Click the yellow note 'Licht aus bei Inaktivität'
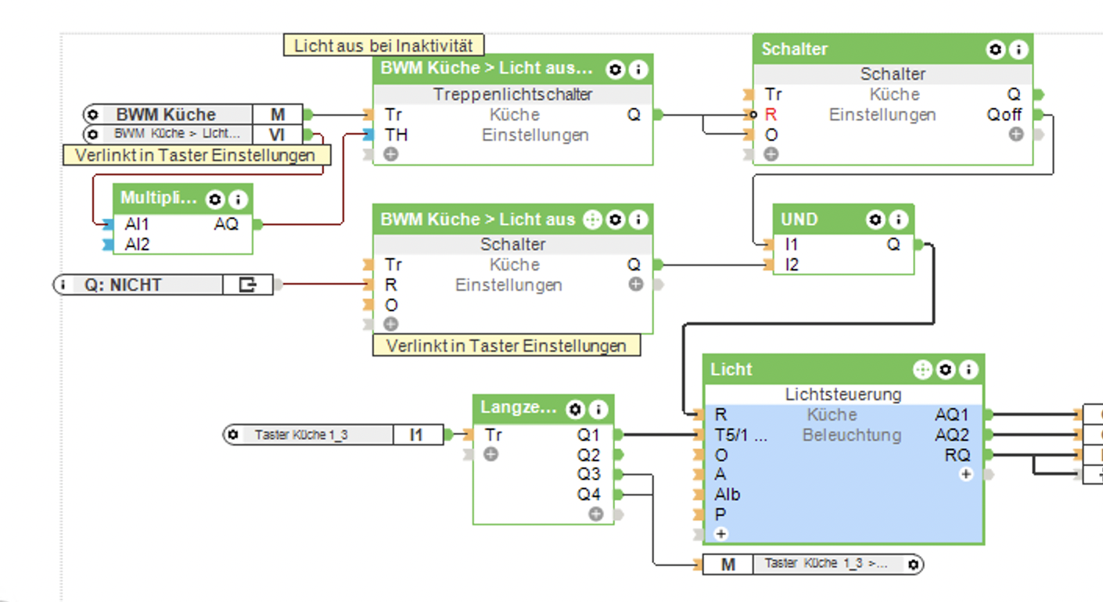(x=383, y=45)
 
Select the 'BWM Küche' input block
(x=165, y=114)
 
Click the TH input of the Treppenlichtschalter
(x=396, y=134)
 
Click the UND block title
(x=799, y=220)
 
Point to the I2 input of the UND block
(x=792, y=265)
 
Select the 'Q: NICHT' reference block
(x=122, y=285)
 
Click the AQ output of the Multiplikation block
(x=226, y=224)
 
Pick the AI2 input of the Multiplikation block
(x=137, y=245)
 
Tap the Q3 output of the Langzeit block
(x=589, y=474)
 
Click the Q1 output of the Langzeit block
(x=589, y=435)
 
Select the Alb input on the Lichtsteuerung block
(x=727, y=494)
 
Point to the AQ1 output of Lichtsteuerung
(x=952, y=414)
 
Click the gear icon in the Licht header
(x=946, y=369)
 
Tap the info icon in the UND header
(x=899, y=220)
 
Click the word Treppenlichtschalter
(x=512, y=95)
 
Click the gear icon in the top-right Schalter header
(x=995, y=49)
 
